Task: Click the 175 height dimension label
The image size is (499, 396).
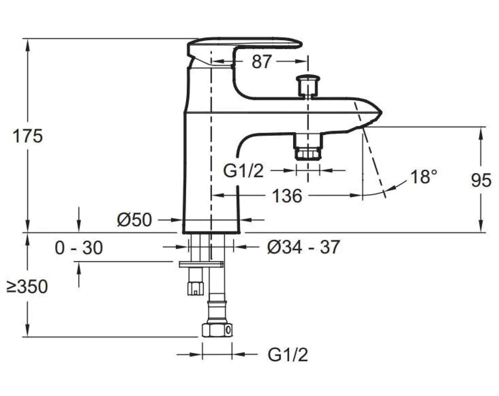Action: pos(27,136)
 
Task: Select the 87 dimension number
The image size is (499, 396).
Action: pos(261,62)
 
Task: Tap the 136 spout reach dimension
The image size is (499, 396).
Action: pos(287,196)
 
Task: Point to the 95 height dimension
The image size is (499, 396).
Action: pos(481,180)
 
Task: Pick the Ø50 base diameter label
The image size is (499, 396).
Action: pos(134,220)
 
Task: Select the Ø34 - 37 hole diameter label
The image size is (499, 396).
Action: pos(303,247)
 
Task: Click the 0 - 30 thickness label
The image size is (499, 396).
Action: pos(79,248)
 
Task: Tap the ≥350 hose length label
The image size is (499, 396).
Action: pos(27,287)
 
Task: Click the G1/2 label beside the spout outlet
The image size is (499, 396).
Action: pos(243,171)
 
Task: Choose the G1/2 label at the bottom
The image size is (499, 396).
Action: pos(288,355)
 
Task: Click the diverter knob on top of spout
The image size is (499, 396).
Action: pos(308,85)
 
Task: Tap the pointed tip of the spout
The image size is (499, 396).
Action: pos(382,113)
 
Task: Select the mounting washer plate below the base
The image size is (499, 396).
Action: pos(201,264)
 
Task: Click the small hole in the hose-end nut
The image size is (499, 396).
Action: pos(228,330)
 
